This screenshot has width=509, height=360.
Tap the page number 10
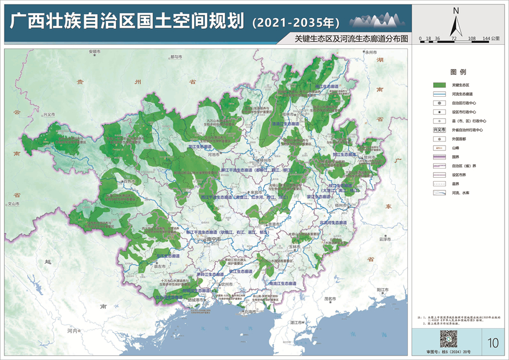pos(492,342)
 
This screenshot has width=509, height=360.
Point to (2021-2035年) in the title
pos(295,23)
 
